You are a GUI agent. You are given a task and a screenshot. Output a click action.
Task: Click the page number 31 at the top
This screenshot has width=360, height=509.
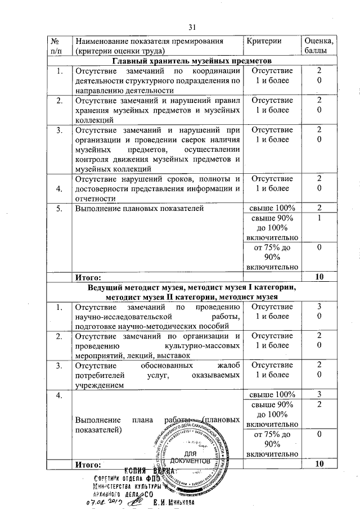tap(192, 26)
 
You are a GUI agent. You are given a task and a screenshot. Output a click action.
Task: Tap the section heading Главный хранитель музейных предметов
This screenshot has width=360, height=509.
tap(192, 61)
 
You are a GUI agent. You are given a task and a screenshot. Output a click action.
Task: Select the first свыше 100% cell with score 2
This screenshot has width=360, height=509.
tap(272, 209)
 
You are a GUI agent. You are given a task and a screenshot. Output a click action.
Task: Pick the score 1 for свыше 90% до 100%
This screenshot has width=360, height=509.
tap(319, 218)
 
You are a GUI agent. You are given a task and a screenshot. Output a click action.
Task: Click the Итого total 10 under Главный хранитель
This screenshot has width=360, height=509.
tap(319, 277)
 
